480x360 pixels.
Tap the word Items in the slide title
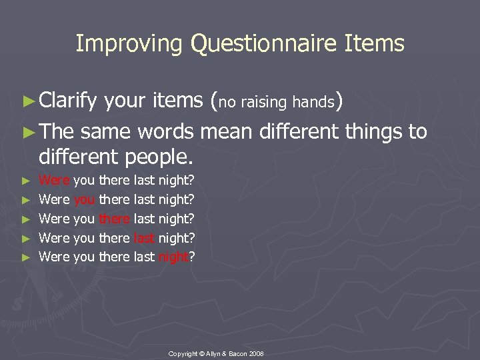point(375,44)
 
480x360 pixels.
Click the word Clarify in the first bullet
point(68,101)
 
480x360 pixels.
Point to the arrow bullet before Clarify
point(32,101)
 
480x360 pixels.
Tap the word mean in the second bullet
point(226,131)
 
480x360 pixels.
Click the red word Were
point(54,180)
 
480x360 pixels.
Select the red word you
point(85,199)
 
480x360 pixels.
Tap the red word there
point(115,219)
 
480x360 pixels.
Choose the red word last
point(144,238)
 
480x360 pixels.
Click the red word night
point(173,257)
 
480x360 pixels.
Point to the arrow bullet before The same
point(32,132)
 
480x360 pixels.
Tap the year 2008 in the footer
point(257,353)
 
